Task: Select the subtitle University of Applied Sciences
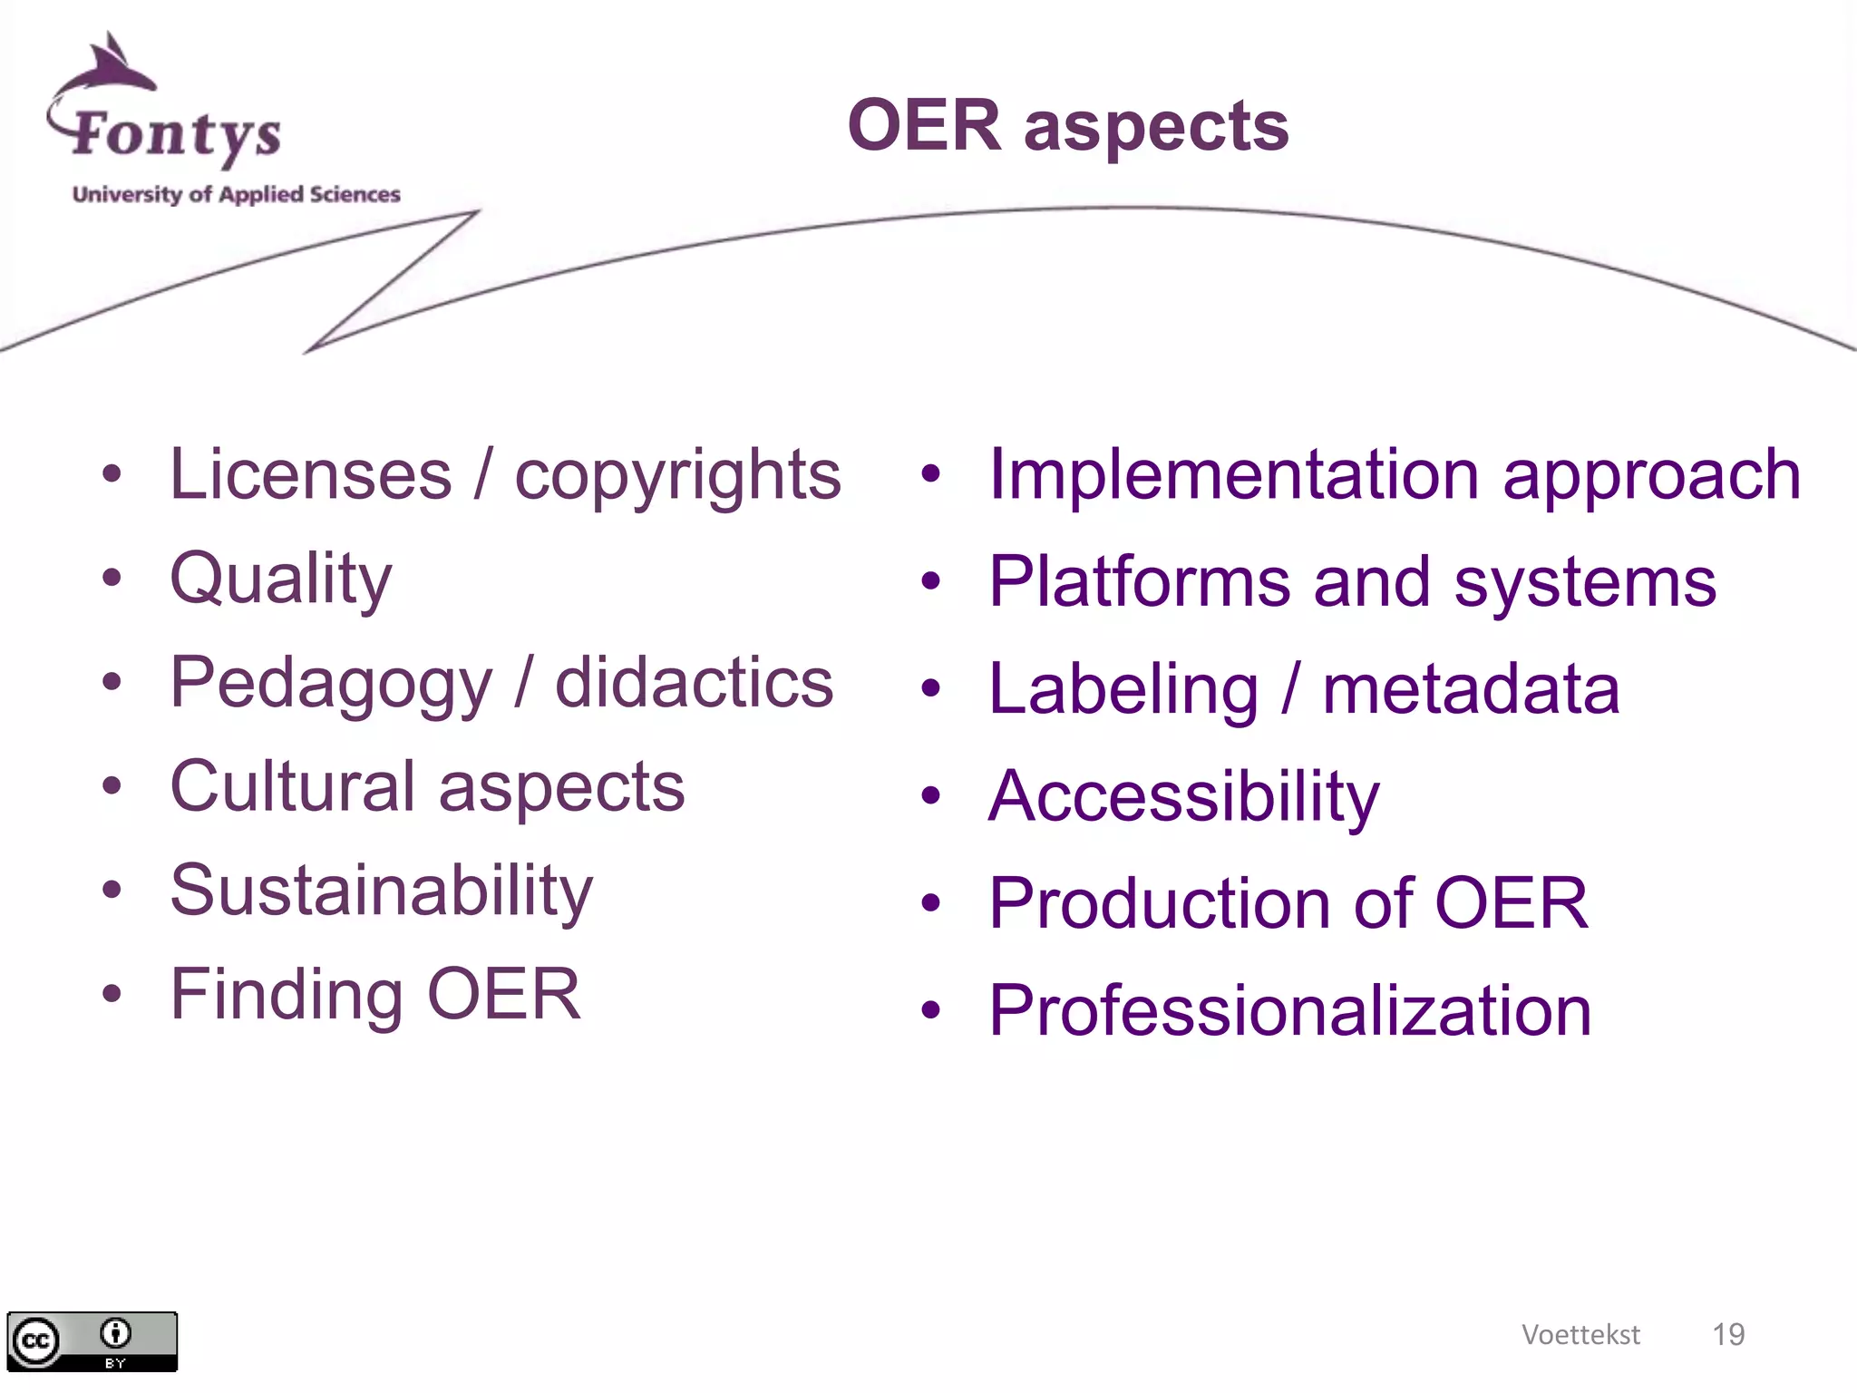[x=236, y=194]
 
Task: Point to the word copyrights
[x=677, y=475]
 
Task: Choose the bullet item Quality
[x=281, y=579]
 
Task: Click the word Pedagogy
[x=331, y=684]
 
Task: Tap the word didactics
[x=694, y=682]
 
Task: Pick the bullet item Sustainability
[x=381, y=891]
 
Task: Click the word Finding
[x=287, y=994]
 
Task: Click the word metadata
[x=1471, y=689]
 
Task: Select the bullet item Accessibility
[x=1183, y=796]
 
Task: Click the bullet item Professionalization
[x=1289, y=1010]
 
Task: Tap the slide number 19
[x=1728, y=1334]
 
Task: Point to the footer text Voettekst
[x=1580, y=1334]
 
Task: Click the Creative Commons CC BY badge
[x=92, y=1341]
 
